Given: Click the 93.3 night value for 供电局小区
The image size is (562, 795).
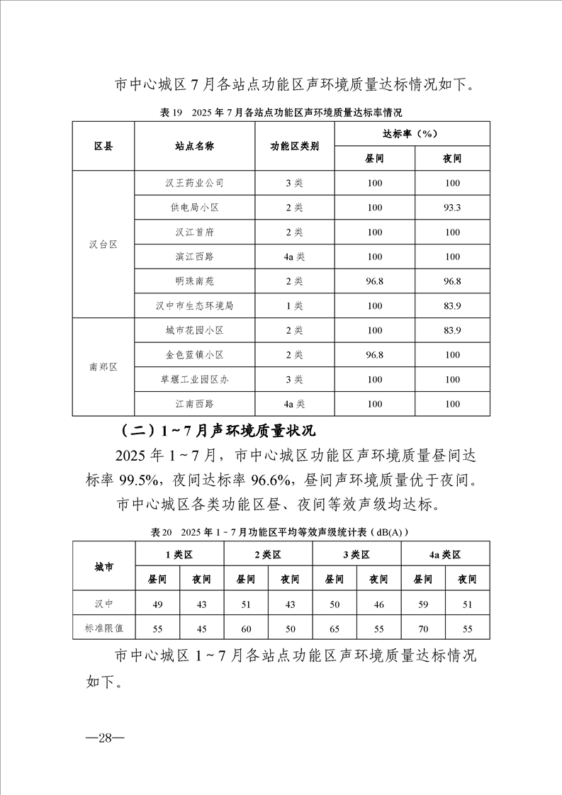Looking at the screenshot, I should coord(452,208).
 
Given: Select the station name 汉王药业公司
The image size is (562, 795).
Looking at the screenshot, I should coord(194,183).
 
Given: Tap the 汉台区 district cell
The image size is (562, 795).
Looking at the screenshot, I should coord(103,244).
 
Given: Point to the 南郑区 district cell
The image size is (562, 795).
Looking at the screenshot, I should coord(103,367).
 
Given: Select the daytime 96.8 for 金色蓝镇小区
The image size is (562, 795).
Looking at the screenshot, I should coord(375,354).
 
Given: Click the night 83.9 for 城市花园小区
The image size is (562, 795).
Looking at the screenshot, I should coord(452,330).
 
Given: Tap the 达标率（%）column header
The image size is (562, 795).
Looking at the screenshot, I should coord(413,133).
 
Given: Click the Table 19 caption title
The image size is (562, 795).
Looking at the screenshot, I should coord(281,112).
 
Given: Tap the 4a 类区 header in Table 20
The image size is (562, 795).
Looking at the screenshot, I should coord(444,555).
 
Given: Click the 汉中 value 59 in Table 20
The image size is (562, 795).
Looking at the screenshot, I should coord(423,604).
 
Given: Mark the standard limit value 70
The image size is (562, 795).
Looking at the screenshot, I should coord(423,628).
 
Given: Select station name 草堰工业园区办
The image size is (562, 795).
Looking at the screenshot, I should coord(194,379).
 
